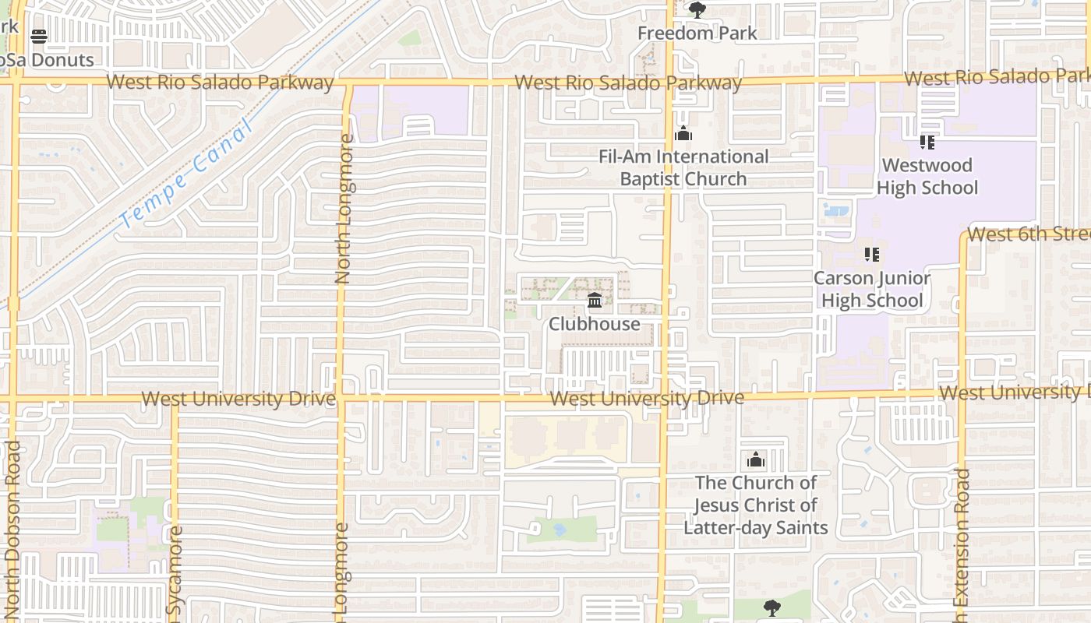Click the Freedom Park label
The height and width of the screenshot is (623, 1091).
point(697,33)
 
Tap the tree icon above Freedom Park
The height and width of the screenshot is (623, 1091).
point(697,10)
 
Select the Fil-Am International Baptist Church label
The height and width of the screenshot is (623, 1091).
point(683,167)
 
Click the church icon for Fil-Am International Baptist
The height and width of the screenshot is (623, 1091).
point(683,134)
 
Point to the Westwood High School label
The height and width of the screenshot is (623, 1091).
point(927,176)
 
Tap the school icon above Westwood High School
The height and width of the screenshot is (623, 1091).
point(927,142)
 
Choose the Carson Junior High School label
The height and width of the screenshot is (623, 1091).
point(872,289)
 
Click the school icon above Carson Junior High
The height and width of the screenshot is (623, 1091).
point(872,255)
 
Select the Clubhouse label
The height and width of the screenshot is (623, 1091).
point(595,324)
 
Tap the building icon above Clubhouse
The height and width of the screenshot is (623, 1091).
point(595,300)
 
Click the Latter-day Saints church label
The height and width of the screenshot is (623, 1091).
point(755,505)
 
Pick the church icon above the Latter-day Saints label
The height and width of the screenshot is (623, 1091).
point(755,459)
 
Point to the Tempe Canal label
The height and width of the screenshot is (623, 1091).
point(187,173)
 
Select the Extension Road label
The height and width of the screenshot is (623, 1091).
point(962,537)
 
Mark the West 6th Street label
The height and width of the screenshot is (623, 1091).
point(1027,234)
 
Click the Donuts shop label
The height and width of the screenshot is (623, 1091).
point(47,60)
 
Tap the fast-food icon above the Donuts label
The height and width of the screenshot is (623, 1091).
point(39,36)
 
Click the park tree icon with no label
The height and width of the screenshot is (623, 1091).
point(771,607)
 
